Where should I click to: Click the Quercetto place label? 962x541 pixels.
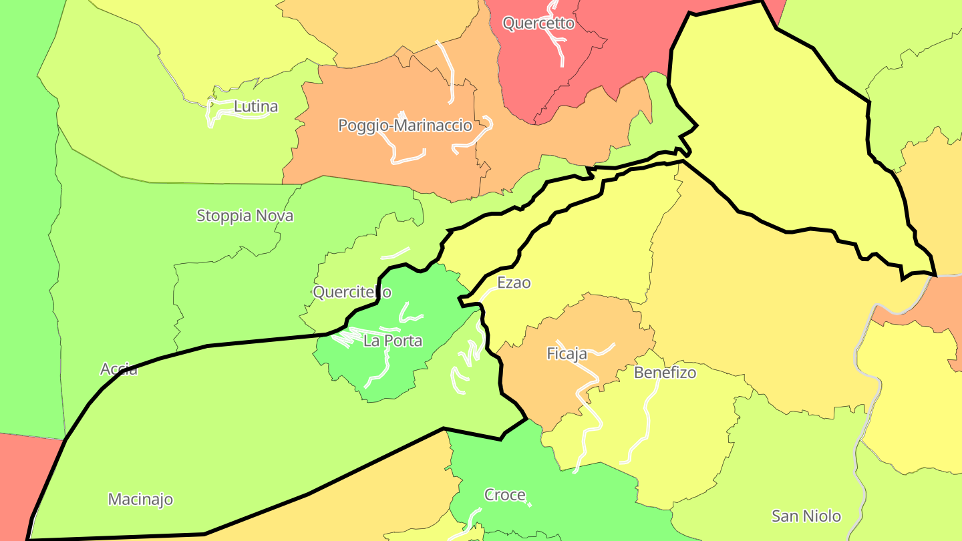coord(538,23)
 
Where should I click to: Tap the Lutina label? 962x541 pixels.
coord(256,106)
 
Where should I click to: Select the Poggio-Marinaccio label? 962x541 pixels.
coord(405,126)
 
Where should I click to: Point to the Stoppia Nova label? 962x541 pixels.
coord(245,216)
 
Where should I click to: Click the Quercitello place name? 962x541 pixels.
coord(352,292)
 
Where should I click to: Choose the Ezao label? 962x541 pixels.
coord(514,283)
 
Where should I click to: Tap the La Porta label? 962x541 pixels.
coord(393,341)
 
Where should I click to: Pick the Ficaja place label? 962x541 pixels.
coord(567,353)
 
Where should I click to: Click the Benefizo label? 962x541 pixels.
coord(665,373)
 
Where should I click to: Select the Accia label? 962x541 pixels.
coord(119,369)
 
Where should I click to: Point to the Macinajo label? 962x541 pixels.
coord(140,499)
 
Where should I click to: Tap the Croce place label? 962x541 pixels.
coord(504,495)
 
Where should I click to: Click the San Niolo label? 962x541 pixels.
coord(806,516)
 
